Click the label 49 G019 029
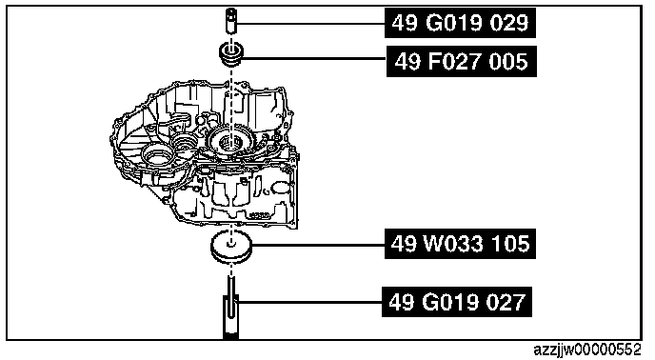[x=460, y=23]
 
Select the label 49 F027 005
[x=461, y=62]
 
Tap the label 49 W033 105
[x=460, y=244]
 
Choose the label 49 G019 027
[x=457, y=302]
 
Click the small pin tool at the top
[x=231, y=21]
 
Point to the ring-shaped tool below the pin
[x=231, y=54]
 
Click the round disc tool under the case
[x=231, y=248]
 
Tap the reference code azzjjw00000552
[x=586, y=350]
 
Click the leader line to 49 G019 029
[x=310, y=24]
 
